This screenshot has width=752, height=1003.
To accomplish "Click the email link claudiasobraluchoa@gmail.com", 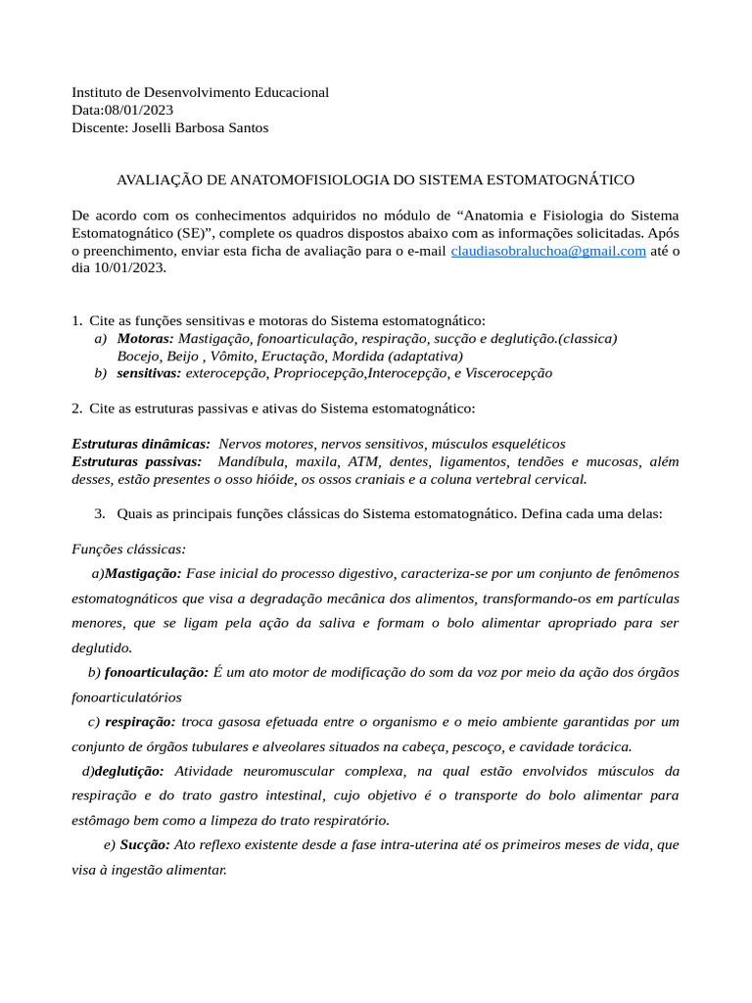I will (x=547, y=251).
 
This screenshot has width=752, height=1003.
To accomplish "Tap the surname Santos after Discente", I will (x=247, y=127).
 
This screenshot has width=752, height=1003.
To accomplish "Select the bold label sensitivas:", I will (x=149, y=373).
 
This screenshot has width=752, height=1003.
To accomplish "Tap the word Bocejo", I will (x=138, y=356).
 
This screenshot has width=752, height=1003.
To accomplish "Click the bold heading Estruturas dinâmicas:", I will (x=141, y=444).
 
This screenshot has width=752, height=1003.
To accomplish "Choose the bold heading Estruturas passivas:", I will (x=137, y=461).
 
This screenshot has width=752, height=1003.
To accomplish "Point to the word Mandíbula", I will (x=251, y=461).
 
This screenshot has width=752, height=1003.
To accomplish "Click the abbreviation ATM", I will (x=362, y=461).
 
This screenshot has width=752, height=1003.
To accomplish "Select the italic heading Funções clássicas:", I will (x=128, y=549).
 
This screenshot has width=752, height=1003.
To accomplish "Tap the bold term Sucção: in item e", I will (x=145, y=844).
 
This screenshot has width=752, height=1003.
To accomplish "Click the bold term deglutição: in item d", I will (x=129, y=772).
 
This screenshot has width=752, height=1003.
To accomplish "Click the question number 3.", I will (x=99, y=514).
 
